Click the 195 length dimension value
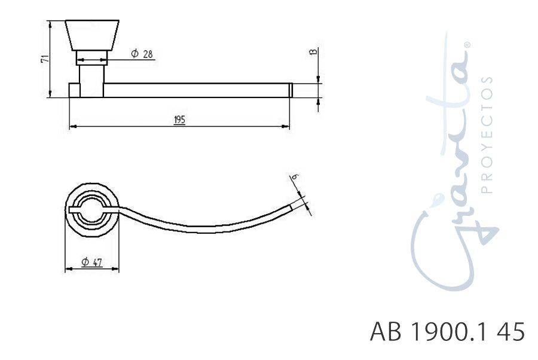point(179,120)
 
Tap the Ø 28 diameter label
point(142,54)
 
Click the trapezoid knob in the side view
point(92,35)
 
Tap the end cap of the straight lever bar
point(291,90)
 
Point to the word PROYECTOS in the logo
point(487,135)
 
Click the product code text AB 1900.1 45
point(448,331)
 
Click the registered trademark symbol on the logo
point(467,45)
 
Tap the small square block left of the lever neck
point(75,90)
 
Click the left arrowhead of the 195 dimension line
point(72,127)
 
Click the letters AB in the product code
point(386,331)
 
